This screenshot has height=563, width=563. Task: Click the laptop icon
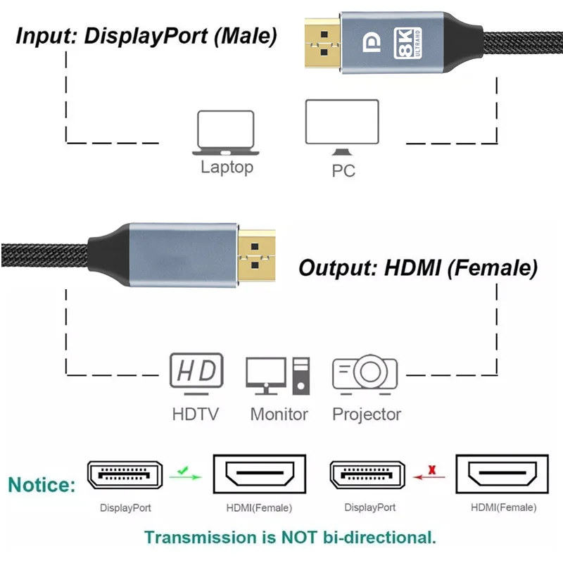click(225, 133)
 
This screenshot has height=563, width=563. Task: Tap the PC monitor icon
click(342, 127)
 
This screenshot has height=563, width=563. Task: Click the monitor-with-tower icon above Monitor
click(277, 375)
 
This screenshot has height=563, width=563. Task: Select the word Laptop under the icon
click(227, 167)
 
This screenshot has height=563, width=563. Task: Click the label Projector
click(367, 415)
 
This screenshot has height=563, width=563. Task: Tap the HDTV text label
click(195, 415)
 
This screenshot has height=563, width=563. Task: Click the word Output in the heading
click(338, 267)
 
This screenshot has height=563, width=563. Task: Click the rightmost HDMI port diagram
click(503, 477)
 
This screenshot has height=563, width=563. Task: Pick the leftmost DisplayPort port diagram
click(125, 476)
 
